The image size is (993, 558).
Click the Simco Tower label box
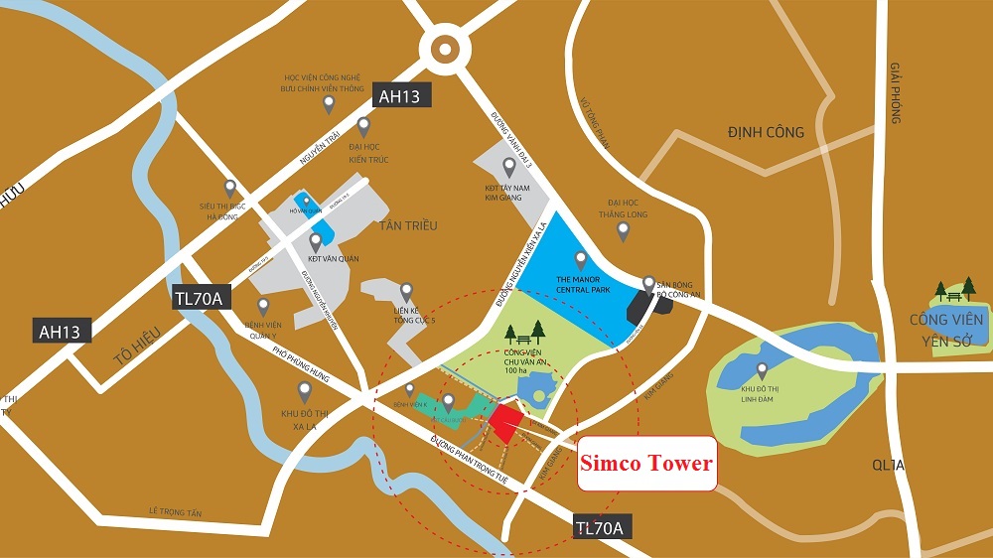click(646, 463)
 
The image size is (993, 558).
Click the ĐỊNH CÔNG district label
click(766, 132)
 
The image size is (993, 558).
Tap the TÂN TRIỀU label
click(408, 225)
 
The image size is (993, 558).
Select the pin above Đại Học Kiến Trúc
click(363, 126)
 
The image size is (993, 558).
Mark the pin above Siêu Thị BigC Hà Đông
click(230, 187)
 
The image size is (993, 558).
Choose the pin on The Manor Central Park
click(581, 260)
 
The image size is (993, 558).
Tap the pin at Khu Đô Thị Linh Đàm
click(763, 370)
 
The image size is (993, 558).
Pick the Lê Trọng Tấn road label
click(175, 512)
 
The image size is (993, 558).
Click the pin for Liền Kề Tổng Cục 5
click(405, 292)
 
